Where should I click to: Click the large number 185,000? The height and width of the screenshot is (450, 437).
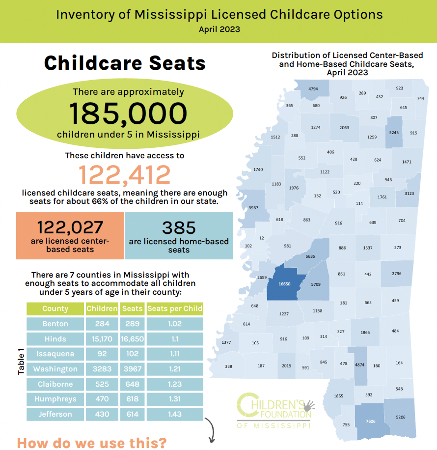point(128,112)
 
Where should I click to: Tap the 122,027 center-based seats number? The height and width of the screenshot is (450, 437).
point(70,227)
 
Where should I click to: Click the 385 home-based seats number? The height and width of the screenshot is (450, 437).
point(179,227)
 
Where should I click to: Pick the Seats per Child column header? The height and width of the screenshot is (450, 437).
point(175,309)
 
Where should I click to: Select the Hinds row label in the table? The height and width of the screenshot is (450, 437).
point(55,339)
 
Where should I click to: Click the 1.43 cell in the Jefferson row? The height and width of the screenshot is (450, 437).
point(175,414)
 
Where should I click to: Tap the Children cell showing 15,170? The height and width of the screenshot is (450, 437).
point(102,339)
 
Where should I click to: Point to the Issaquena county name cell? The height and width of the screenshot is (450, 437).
point(55,354)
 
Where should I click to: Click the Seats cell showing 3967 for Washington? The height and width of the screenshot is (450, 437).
point(132,369)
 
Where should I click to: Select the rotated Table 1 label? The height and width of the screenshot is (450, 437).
point(21,362)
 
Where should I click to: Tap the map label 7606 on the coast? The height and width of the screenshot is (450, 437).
point(371,422)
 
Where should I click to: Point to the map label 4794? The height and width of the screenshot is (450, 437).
point(313,89)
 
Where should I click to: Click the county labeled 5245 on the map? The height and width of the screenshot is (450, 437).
point(394,132)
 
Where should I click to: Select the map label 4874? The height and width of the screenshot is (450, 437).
point(359,365)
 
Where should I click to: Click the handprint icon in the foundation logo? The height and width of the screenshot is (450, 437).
point(309,405)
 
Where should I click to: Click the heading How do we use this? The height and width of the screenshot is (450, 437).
point(91,443)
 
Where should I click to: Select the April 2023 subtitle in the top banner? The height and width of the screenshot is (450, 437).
point(219,29)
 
